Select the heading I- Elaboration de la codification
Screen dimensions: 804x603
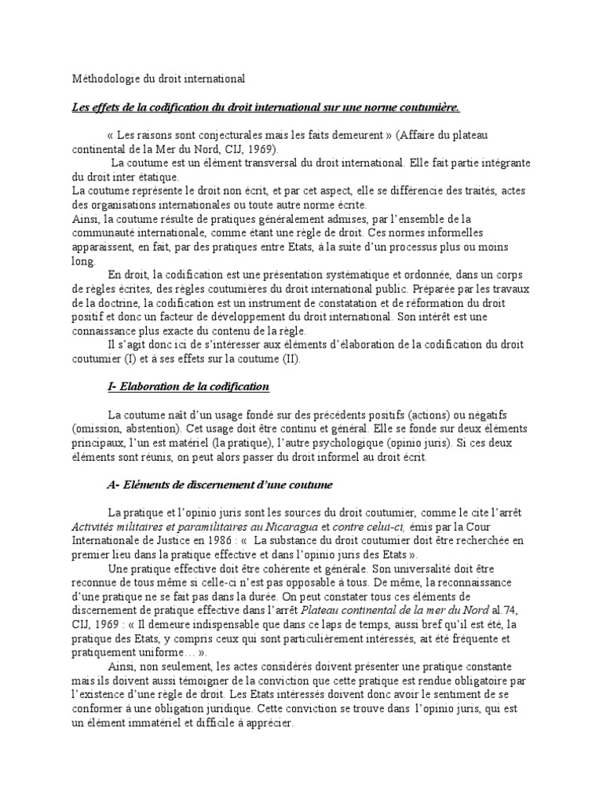[188, 387]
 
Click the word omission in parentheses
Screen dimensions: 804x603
[100, 430]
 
